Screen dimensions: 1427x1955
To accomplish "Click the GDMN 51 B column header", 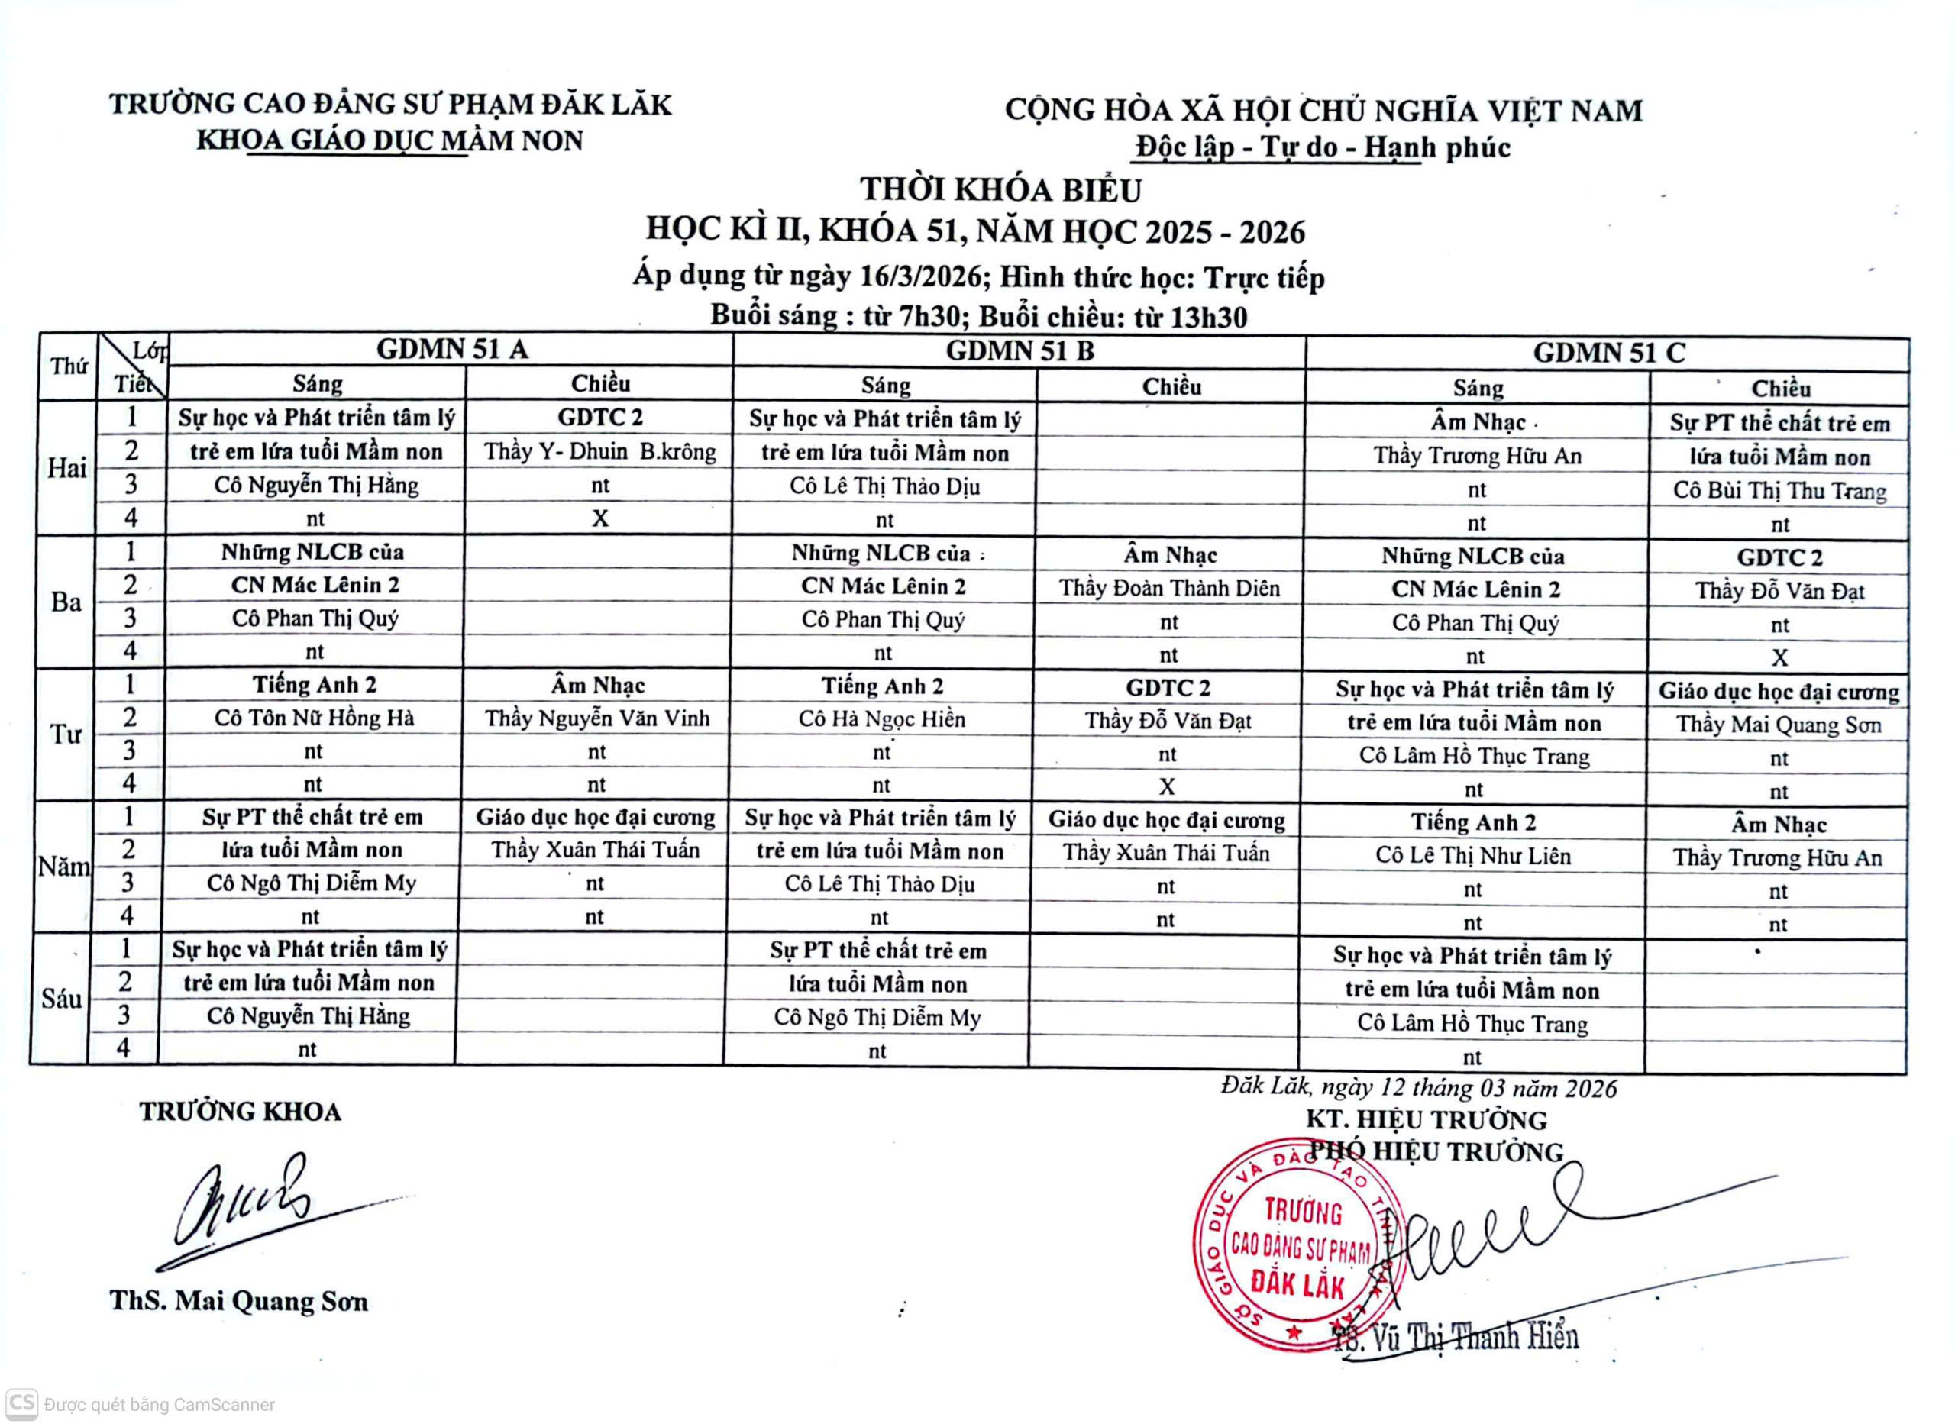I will pyautogui.click(x=1020, y=350).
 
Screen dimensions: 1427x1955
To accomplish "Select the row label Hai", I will pyautogui.click(x=66, y=468).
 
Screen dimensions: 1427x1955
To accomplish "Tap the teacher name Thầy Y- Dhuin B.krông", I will pyautogui.click(x=599, y=452).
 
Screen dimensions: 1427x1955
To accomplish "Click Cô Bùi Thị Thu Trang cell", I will pyautogui.click(x=1779, y=491).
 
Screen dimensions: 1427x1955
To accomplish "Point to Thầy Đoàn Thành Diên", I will pyautogui.click(x=1170, y=588).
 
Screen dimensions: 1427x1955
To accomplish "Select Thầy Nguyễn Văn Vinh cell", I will pyautogui.click(x=597, y=718).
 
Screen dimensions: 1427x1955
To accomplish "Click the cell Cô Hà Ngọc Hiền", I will pyautogui.click(x=881, y=718).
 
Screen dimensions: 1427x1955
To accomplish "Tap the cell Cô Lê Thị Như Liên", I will pyautogui.click(x=1473, y=856).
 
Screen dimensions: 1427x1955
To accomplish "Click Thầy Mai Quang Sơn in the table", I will pyautogui.click(x=1779, y=725).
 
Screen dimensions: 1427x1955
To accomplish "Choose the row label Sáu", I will pyautogui.click(x=61, y=999).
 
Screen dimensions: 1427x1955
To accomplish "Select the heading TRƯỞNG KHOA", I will pyautogui.click(x=240, y=1112).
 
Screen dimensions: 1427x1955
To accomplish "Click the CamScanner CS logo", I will pyautogui.click(x=21, y=1403).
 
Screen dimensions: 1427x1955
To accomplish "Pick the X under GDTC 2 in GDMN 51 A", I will pyautogui.click(x=599, y=518).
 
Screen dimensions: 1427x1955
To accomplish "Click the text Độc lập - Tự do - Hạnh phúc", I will pyautogui.click(x=1323, y=147).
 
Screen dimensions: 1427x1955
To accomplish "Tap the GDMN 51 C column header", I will pyautogui.click(x=1608, y=354).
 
